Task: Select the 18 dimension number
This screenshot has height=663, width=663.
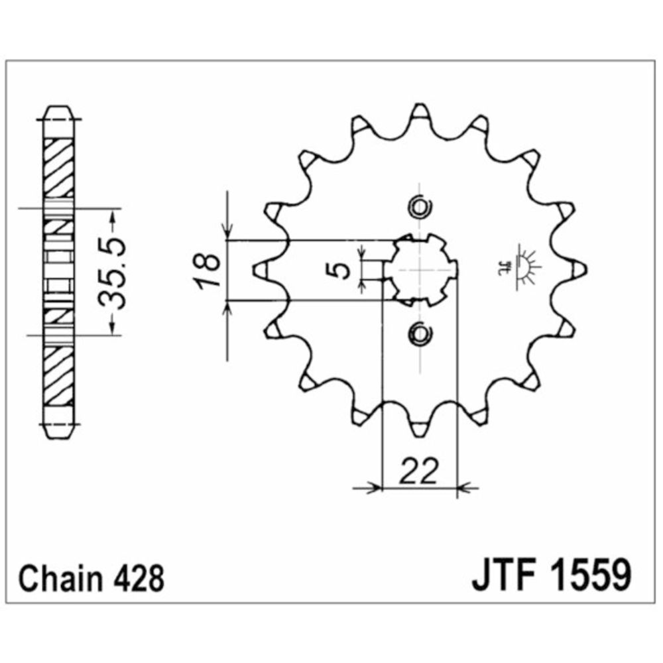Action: (208, 271)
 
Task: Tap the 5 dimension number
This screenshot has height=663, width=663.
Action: (339, 271)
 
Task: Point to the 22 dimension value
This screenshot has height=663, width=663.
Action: (418, 471)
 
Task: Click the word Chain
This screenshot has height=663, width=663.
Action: (60, 578)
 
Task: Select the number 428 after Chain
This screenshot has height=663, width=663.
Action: (139, 578)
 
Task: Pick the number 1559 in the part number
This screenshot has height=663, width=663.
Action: (591, 575)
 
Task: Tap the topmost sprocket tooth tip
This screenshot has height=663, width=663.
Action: (420, 105)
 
